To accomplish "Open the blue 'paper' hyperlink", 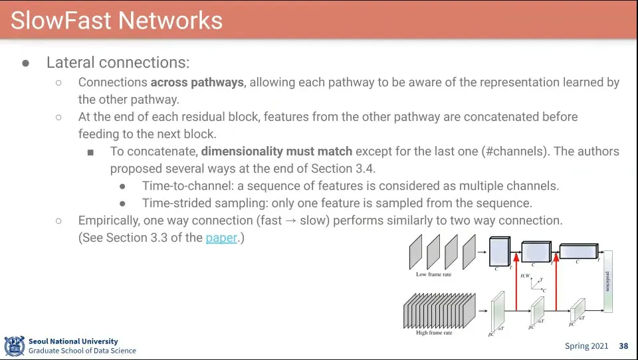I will tap(221, 237).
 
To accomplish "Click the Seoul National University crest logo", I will tap(14, 346).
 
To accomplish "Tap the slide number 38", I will tap(623, 346).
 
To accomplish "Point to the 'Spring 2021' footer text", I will tap(586, 346).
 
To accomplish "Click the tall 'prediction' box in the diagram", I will tap(607, 281).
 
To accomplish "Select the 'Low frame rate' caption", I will tap(433, 274).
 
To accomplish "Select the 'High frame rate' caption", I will tap(434, 333).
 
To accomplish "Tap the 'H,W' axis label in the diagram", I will tap(525, 276).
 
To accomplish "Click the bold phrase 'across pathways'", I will tap(197, 82).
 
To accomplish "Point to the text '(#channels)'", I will tap(514, 151).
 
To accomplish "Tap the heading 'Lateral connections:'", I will tap(118, 62).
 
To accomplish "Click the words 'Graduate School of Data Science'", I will tap(82, 351).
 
